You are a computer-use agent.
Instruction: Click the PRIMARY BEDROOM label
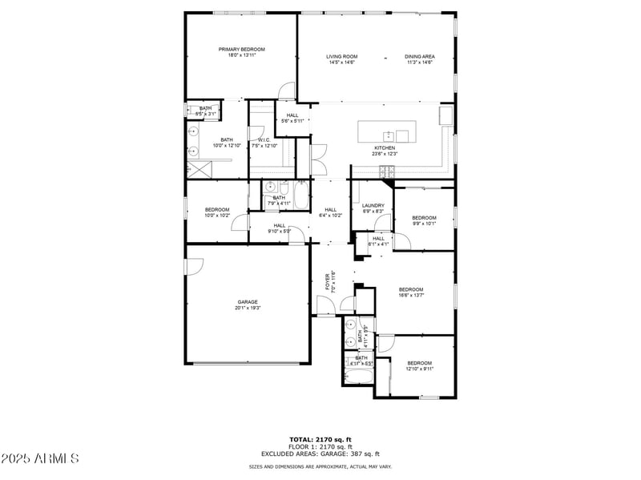tap(241, 50)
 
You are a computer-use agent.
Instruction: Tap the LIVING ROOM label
tap(341, 57)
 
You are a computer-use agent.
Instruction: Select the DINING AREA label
tap(419, 57)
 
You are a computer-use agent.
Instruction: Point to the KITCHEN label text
tap(385, 148)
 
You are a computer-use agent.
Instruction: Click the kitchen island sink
tap(388, 135)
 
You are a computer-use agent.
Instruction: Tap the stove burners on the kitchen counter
tap(385, 170)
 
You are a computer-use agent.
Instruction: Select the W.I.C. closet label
tap(264, 139)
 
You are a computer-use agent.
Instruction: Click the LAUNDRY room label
tap(373, 206)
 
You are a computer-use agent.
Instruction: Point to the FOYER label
tap(327, 281)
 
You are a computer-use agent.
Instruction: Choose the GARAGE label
tap(247, 302)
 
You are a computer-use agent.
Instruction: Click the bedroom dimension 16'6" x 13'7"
tap(411, 295)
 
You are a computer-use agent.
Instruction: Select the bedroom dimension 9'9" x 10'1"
tap(424, 224)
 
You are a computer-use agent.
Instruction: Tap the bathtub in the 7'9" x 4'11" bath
tap(300, 196)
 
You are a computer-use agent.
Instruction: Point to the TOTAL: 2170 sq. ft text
tap(320, 439)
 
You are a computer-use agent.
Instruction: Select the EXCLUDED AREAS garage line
tap(320, 454)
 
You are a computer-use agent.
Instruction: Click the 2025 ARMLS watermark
tap(40, 459)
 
